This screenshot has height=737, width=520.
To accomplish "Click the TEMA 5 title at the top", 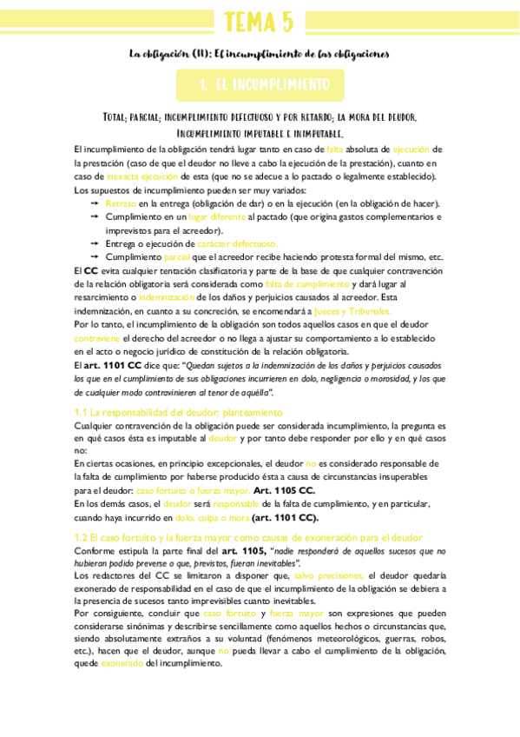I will point(259,22).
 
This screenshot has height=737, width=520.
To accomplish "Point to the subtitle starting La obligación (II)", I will point(260,54).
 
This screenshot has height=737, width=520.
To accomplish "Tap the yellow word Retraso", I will point(121,203).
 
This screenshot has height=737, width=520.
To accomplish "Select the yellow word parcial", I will point(176,257).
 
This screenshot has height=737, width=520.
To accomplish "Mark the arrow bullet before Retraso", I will point(94,203).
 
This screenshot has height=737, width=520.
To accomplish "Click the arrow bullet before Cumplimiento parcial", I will point(94,257).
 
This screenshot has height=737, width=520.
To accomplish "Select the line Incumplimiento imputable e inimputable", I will point(260,134).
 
